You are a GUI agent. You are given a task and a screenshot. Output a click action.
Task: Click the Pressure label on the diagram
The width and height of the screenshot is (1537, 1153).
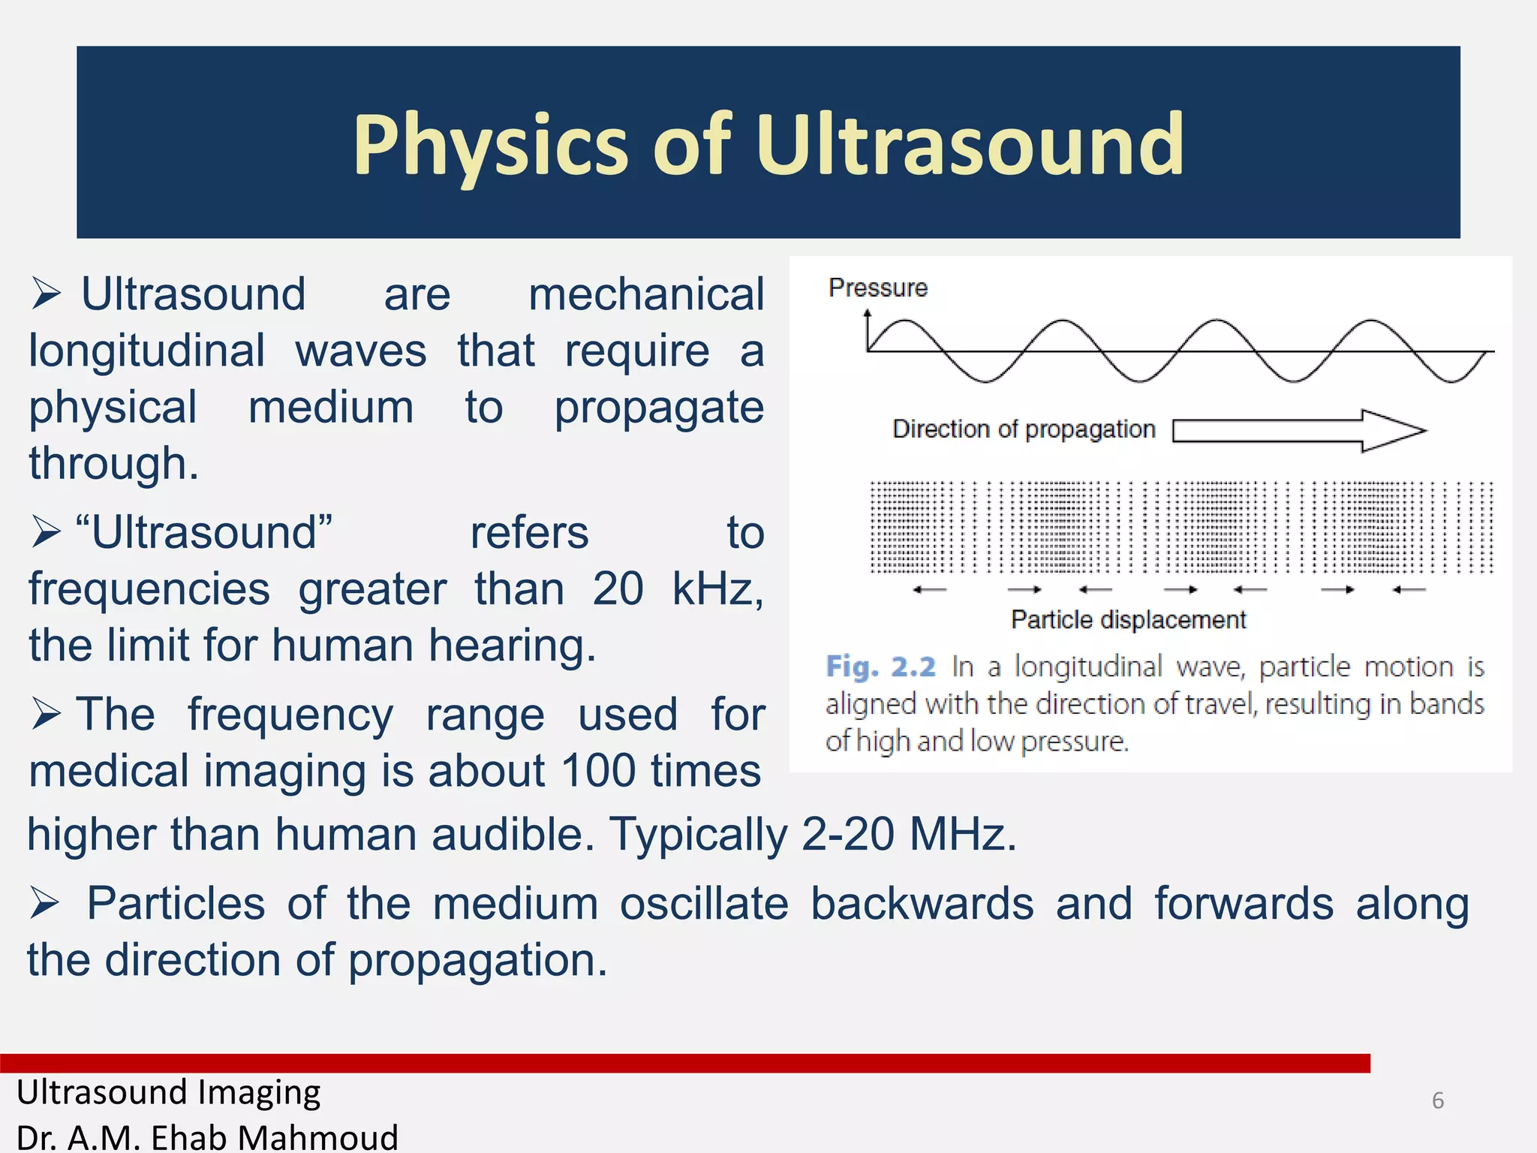click(x=877, y=287)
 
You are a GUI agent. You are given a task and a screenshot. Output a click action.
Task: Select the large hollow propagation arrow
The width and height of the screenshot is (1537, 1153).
click(x=1298, y=430)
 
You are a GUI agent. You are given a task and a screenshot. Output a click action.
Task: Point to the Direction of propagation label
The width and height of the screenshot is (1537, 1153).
click(x=1023, y=429)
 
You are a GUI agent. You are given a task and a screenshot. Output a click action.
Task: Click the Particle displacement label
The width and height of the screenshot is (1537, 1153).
click(x=1128, y=620)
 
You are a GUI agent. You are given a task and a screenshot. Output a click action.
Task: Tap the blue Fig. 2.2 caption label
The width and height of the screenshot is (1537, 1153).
click(x=880, y=667)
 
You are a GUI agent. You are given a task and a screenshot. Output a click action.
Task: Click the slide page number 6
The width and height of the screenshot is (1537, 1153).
click(x=1437, y=1100)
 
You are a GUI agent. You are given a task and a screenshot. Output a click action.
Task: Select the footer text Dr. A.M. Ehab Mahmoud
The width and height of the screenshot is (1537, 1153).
click(x=207, y=1137)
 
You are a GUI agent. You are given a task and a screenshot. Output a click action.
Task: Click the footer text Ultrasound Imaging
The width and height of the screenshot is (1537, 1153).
click(x=168, y=1092)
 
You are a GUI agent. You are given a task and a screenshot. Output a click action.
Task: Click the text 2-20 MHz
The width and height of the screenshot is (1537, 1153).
click(x=908, y=835)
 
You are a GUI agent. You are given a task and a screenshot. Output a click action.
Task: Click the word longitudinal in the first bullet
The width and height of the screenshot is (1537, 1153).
click(x=147, y=351)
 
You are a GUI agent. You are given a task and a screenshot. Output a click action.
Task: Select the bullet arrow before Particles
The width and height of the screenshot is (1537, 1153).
click(x=45, y=903)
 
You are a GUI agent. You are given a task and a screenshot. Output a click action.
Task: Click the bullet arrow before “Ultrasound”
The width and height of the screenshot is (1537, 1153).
click(x=46, y=532)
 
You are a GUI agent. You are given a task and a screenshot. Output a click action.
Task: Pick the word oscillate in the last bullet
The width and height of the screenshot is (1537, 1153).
click(x=704, y=904)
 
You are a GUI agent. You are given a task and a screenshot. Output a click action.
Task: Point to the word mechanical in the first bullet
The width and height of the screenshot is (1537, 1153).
click(x=646, y=294)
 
